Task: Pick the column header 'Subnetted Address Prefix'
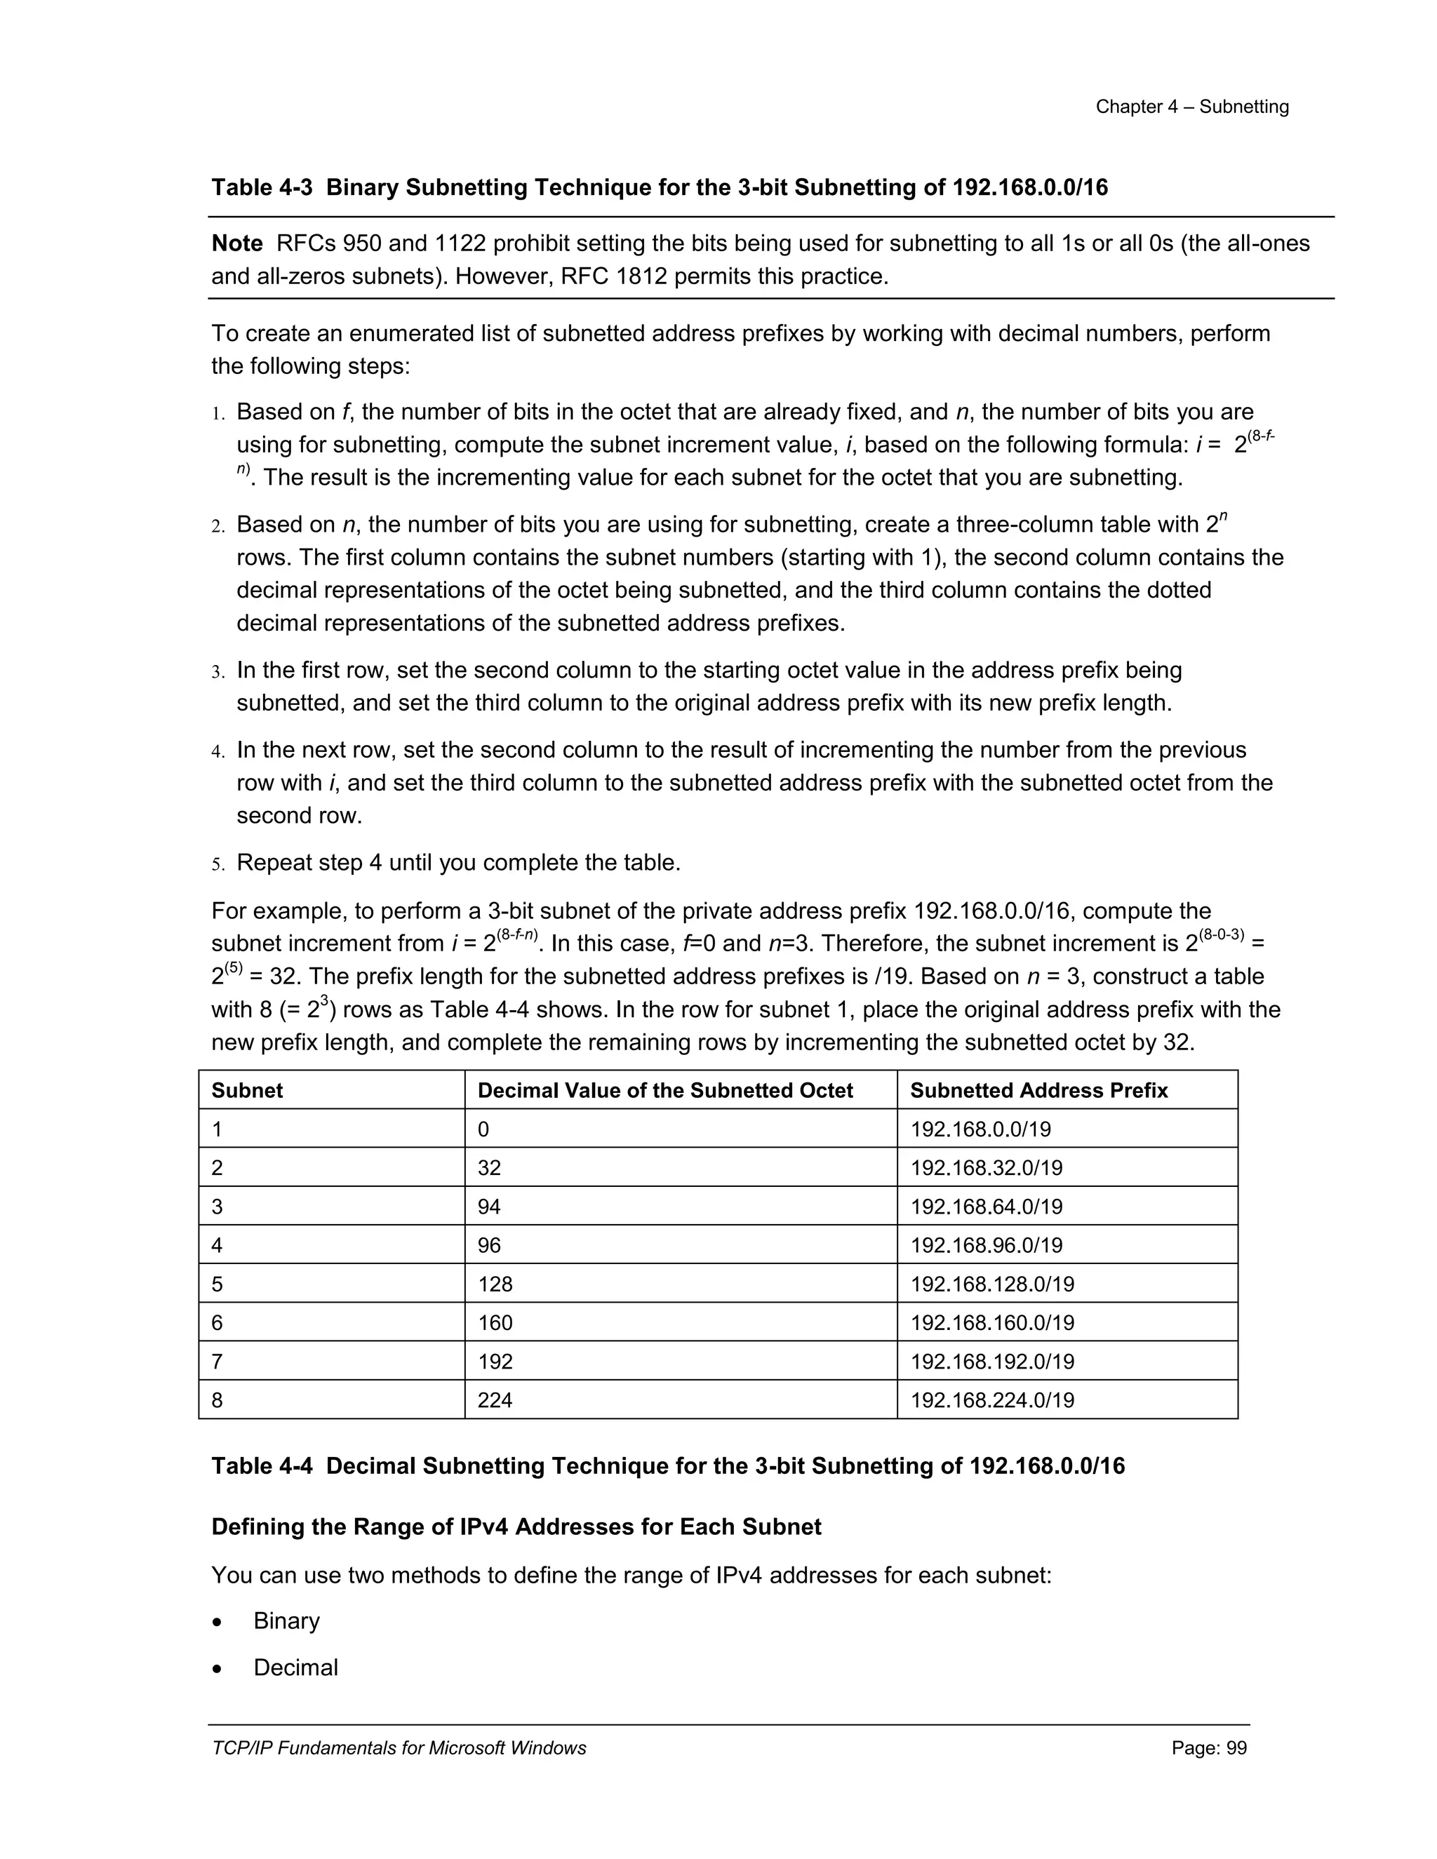[x=1038, y=1090]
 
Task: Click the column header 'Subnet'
[x=247, y=1090]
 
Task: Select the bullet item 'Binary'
[x=286, y=1620]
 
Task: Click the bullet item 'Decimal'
[x=295, y=1667]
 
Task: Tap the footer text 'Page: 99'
[x=1209, y=1747]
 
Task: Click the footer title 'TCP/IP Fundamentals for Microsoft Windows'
[x=399, y=1747]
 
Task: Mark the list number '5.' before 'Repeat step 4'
[x=218, y=865]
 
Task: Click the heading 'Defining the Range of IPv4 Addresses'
[x=516, y=1526]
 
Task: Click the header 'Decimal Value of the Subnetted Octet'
[x=665, y=1090]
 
